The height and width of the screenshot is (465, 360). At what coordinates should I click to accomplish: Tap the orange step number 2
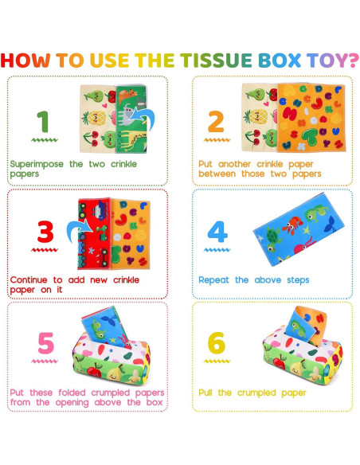coord(215,121)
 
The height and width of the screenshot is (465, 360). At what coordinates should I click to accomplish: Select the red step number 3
coord(46,232)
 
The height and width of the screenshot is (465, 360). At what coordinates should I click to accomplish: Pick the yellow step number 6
coord(216,343)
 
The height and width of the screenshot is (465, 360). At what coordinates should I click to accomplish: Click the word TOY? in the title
coord(327,60)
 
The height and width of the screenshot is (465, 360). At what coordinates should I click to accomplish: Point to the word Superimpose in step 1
coord(36,163)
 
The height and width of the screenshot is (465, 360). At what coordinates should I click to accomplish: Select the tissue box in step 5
coord(119,362)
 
